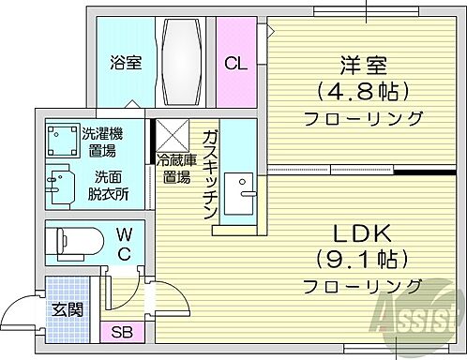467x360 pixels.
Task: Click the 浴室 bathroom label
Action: (x=125, y=64)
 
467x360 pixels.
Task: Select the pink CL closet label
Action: (x=235, y=64)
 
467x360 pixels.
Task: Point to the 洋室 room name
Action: (x=362, y=67)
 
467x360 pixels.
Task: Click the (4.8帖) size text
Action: (x=362, y=93)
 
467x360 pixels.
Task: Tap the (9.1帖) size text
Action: (x=362, y=256)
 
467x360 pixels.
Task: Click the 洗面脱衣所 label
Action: (x=111, y=185)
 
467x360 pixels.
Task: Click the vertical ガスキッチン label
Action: (x=211, y=172)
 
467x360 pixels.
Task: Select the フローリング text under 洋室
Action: (x=362, y=119)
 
